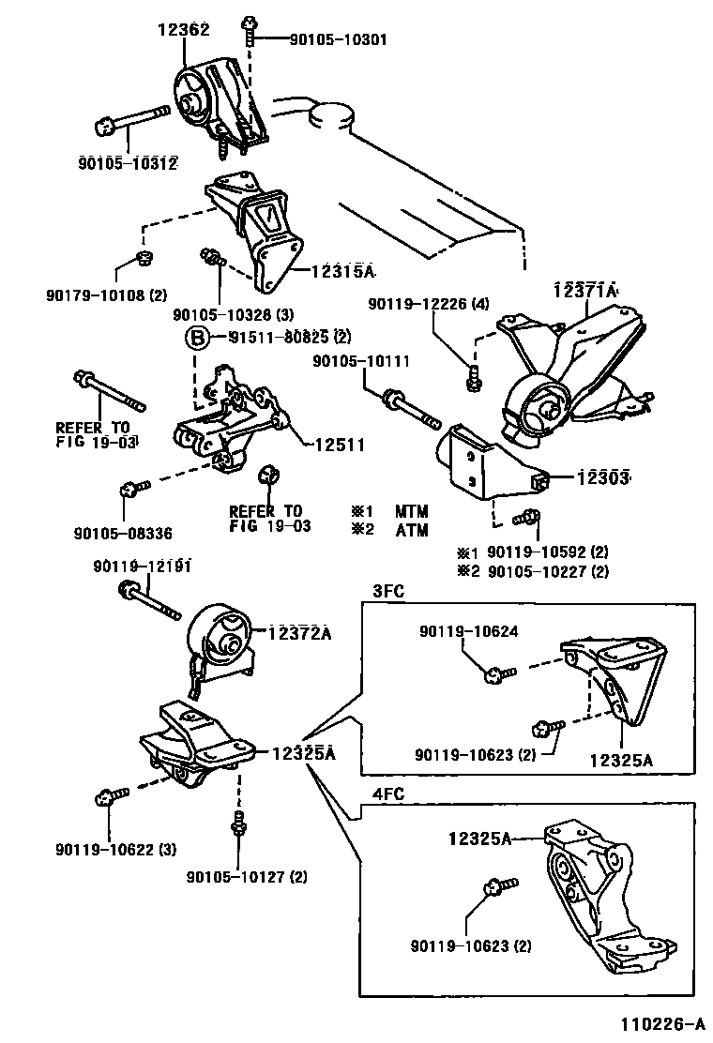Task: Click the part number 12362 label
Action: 184,31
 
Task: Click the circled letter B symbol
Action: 198,338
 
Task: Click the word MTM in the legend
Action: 411,511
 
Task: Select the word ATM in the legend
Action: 411,530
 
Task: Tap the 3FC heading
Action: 388,591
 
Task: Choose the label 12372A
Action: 300,633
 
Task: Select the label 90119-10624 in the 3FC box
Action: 468,633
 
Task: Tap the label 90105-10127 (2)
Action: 247,877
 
